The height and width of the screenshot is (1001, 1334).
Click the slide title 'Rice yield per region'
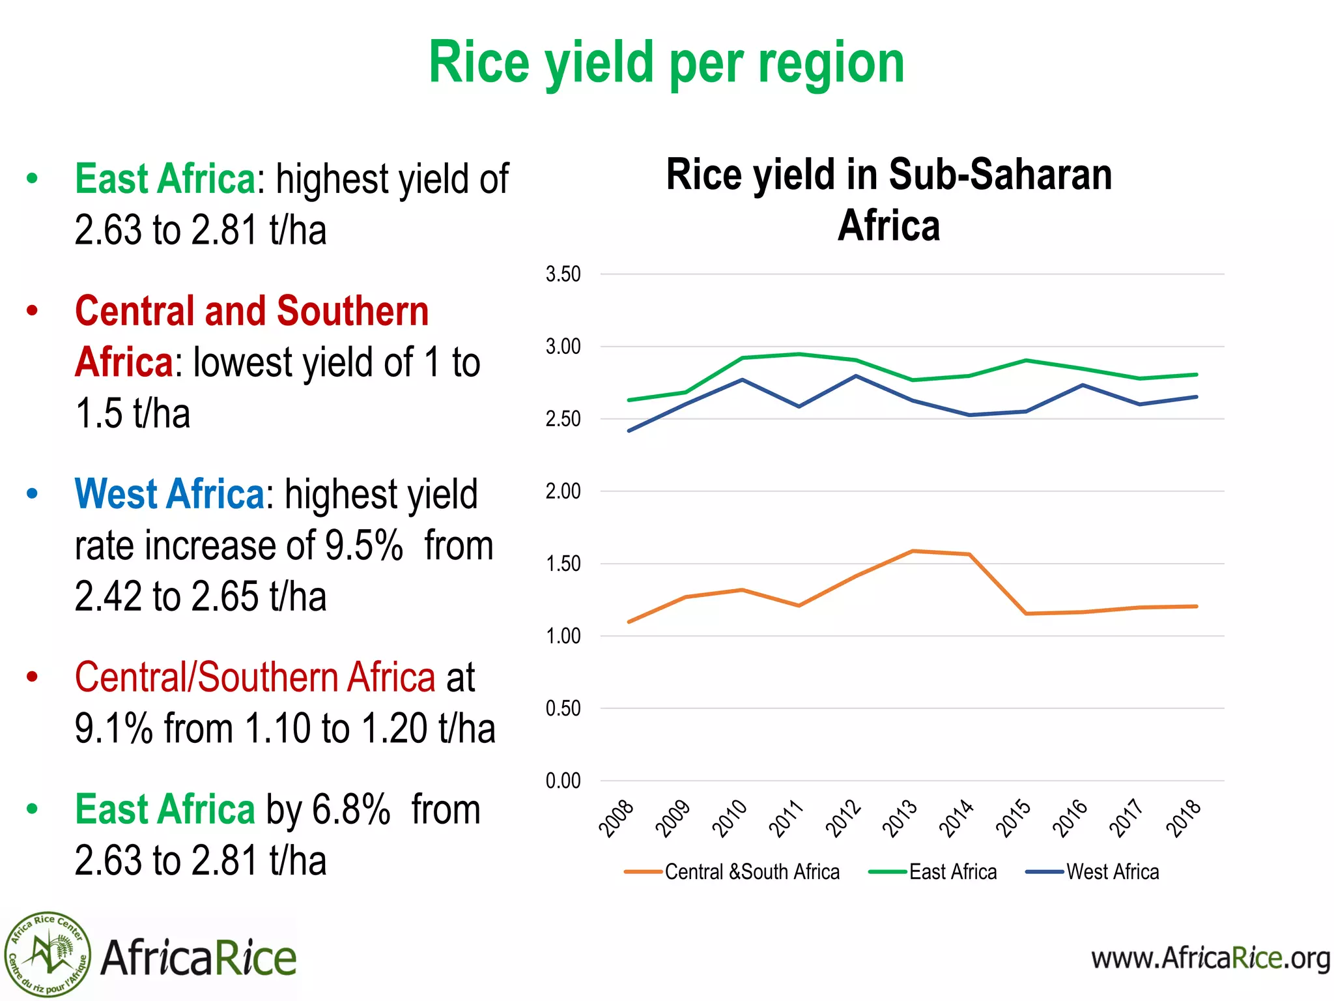tap(666, 63)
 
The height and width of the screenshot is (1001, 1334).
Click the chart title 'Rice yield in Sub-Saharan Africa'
tap(888, 199)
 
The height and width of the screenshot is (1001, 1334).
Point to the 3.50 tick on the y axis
tap(563, 274)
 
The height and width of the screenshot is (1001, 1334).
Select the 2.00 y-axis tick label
tap(563, 491)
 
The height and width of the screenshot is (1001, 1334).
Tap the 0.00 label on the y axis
tap(563, 781)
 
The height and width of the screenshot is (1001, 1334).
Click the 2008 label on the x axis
tap(616, 818)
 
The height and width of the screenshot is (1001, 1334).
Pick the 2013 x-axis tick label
tap(900, 818)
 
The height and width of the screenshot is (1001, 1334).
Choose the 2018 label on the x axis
tap(1183, 818)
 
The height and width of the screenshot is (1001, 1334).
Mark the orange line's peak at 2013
tap(913, 551)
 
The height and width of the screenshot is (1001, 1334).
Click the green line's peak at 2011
tap(799, 354)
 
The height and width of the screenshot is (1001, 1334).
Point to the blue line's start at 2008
tap(629, 431)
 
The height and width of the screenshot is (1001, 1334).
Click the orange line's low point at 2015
tap(1026, 613)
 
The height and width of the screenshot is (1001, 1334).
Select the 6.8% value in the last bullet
tap(351, 809)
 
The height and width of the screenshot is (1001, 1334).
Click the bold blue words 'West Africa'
tap(169, 494)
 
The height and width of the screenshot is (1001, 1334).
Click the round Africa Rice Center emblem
tap(48, 954)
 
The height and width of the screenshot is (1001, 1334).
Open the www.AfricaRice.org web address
tap(1210, 959)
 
